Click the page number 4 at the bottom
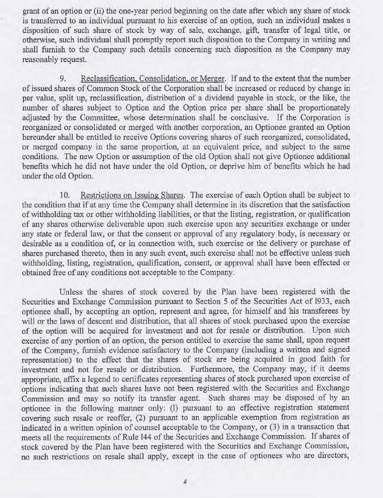pos(185,481)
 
